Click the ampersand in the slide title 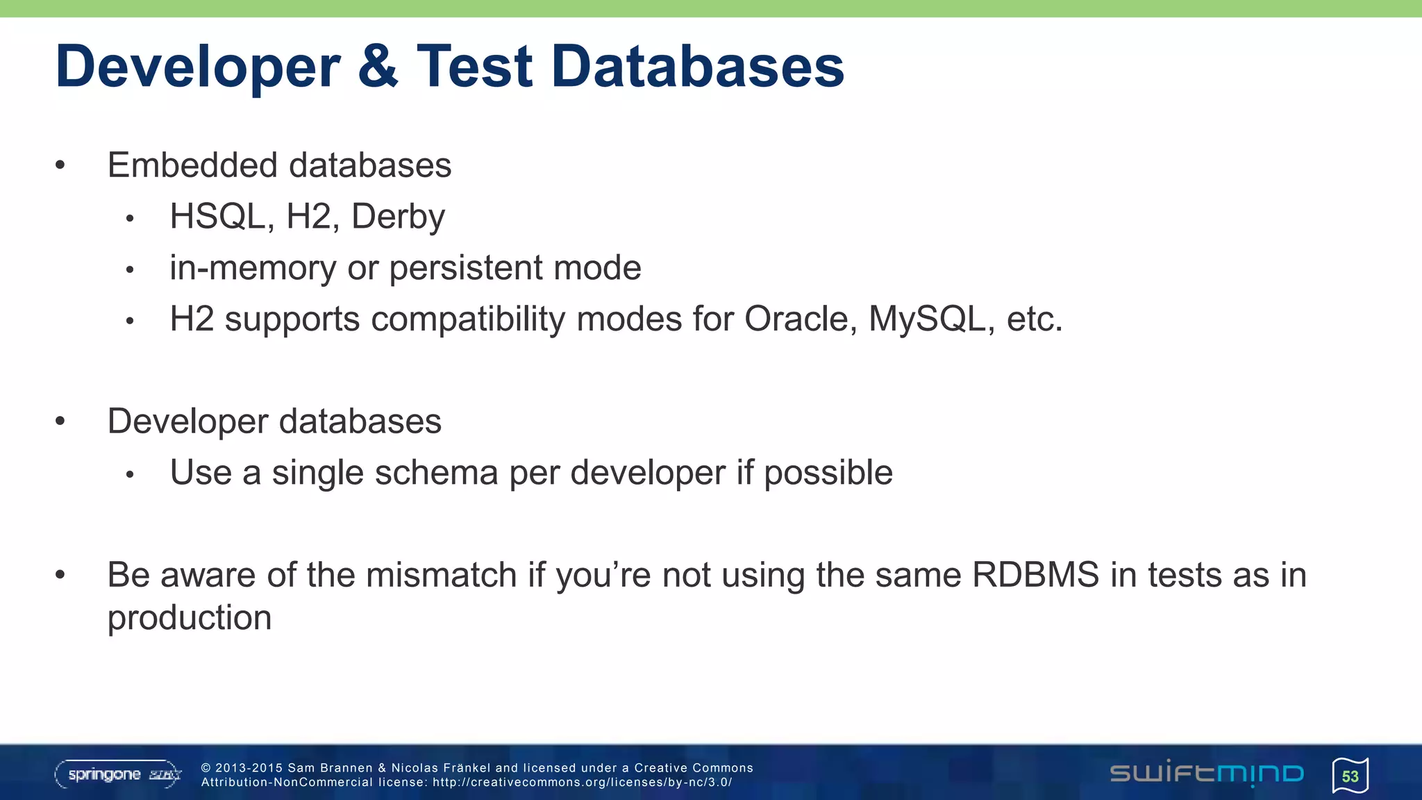378,67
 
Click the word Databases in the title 697,67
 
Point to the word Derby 398,217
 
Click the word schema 436,473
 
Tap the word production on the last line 189,618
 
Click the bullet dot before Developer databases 60,421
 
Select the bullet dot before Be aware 60,574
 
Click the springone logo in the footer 118,774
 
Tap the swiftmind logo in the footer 1207,773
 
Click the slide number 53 1350,776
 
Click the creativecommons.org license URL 582,782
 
